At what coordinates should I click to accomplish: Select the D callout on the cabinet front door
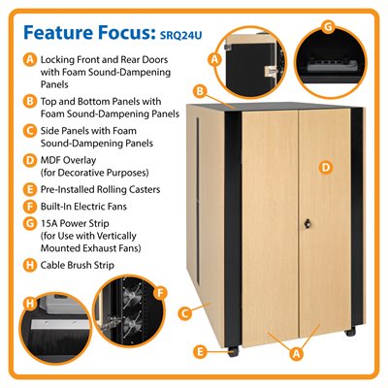pos(325,167)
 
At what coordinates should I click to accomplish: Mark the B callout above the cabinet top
pos(200,91)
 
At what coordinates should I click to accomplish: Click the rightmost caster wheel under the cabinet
pos(348,334)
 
